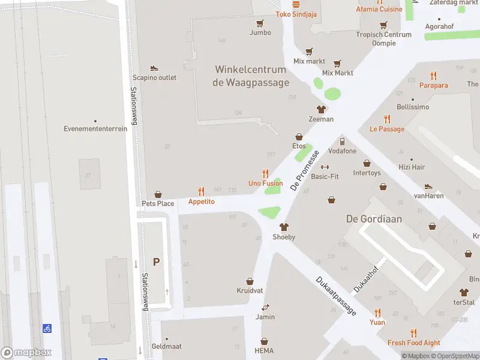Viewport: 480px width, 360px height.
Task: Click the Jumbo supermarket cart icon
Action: pos(260,23)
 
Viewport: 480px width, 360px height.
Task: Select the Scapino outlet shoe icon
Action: pos(154,68)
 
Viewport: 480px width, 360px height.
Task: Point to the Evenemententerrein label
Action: pos(95,128)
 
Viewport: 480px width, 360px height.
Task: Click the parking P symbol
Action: pos(157,262)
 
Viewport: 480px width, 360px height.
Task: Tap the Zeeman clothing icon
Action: pos(321,109)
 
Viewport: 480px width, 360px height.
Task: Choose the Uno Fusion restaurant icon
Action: pos(265,173)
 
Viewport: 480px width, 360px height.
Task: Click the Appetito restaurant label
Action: pos(201,202)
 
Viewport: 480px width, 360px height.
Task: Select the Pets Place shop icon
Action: pos(158,194)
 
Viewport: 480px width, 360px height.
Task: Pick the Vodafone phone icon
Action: pos(341,142)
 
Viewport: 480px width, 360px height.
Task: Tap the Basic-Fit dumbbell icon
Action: pos(325,167)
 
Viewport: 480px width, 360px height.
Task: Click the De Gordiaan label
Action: pos(374,218)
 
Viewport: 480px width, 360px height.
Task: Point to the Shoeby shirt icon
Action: pos(284,227)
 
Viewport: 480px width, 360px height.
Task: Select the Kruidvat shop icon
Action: pos(250,281)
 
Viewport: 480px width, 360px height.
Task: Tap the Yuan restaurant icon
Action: pos(377,312)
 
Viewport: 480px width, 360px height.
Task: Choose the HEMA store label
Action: pos(264,350)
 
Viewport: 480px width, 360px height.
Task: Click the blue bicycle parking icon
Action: pos(47,328)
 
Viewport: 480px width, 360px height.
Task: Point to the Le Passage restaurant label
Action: pos(386,129)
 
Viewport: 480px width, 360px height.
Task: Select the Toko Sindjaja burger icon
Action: pos(295,4)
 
